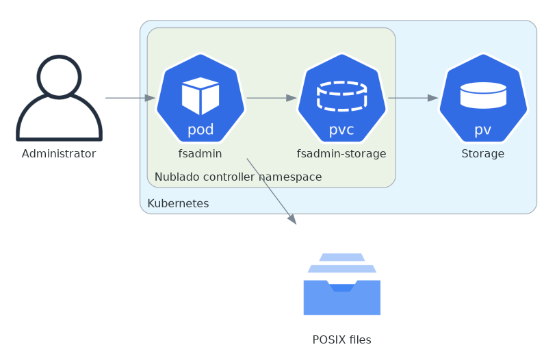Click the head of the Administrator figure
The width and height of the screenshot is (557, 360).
59,76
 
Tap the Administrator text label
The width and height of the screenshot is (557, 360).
59,154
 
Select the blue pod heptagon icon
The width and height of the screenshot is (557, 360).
200,98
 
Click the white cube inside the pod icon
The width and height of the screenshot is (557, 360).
200,95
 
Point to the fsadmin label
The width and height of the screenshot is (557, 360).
200,154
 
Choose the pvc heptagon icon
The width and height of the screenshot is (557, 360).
341,98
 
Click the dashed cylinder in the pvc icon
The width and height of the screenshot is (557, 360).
341,96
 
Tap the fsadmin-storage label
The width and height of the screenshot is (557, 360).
341,154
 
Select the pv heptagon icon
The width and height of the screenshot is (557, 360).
483,98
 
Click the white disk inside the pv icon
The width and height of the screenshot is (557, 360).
483,95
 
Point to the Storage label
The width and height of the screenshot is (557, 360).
483,154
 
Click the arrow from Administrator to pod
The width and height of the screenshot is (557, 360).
130,98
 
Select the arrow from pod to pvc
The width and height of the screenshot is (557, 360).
271,98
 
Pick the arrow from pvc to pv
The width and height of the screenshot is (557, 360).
413,98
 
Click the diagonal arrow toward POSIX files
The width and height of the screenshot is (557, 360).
271,191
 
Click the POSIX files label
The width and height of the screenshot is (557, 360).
341,339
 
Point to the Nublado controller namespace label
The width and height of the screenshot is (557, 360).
238,177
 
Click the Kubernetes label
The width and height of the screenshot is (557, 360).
179,204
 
